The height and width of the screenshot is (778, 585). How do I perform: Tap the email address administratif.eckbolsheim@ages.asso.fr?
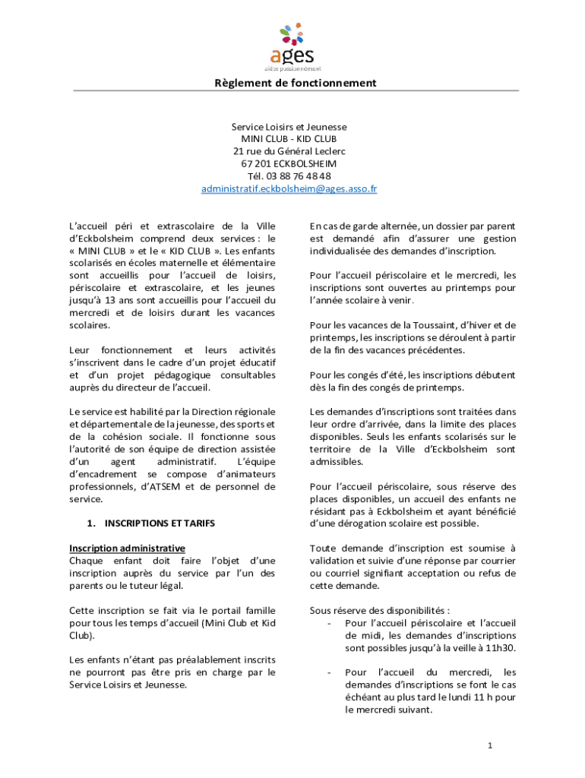(x=289, y=188)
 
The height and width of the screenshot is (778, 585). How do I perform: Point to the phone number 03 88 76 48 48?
(x=299, y=176)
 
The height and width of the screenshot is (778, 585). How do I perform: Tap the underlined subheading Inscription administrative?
(x=127, y=549)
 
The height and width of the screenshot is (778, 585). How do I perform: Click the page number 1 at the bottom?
(x=491, y=745)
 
